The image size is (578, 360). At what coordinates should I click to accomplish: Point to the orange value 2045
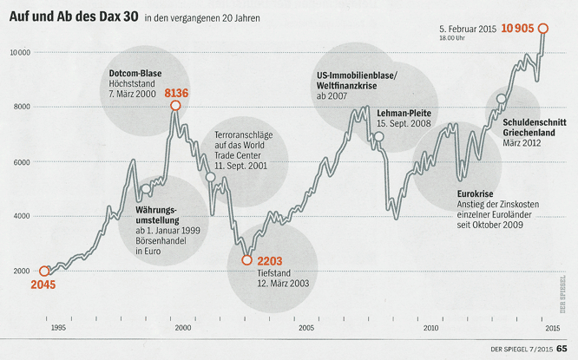44,285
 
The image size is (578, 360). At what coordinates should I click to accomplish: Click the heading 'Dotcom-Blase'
137,71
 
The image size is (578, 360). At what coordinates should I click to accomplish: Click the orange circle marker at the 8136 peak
175,106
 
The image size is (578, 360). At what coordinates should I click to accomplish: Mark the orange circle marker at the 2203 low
247,260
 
